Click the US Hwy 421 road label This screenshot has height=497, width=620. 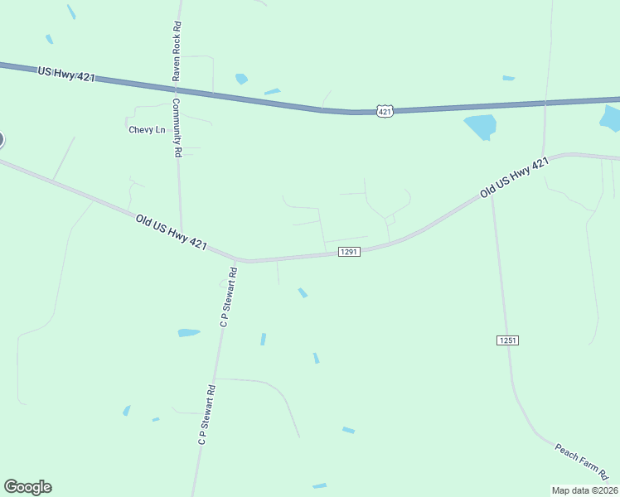coord(66,75)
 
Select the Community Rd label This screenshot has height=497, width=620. coord(177,128)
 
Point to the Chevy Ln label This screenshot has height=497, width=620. coord(147,130)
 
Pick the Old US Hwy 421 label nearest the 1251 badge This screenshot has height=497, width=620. coord(514,178)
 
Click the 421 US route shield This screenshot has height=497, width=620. coord(384,111)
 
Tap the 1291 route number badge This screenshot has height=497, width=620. coord(349,252)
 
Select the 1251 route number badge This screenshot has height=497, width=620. coord(507,340)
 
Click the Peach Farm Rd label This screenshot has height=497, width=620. coord(582,461)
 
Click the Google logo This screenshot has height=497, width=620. coord(27,487)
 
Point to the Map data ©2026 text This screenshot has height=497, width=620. coord(584,490)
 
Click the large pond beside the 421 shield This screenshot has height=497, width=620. coord(481,127)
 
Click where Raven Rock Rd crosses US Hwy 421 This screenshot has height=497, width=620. coord(177,87)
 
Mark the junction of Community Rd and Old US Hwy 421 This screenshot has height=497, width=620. coord(182,234)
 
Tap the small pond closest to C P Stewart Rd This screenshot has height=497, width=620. coord(189,333)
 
